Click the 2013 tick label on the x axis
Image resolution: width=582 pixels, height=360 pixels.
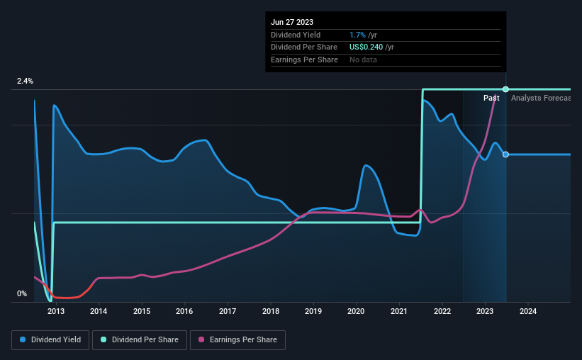click(x=56, y=311)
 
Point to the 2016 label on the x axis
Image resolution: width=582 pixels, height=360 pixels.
click(x=184, y=311)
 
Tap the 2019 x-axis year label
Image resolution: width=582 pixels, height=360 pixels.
click(x=313, y=311)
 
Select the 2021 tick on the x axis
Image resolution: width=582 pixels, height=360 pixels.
click(x=399, y=311)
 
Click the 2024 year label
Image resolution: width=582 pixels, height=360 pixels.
click(x=528, y=311)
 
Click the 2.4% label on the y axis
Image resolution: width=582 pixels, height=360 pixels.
click(x=26, y=81)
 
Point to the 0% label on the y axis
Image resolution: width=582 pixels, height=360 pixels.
click(x=22, y=293)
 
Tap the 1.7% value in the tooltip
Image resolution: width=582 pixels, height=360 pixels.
click(x=357, y=35)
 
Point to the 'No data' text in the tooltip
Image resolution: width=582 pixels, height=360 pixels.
click(x=364, y=60)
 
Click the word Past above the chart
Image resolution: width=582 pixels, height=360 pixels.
click(x=491, y=98)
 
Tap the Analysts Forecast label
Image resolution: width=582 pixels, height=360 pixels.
click(x=540, y=98)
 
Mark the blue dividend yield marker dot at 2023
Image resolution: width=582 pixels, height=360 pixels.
click(x=505, y=154)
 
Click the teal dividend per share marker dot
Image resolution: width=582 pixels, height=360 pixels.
click(x=505, y=89)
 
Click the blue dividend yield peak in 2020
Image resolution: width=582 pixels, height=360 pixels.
click(x=366, y=166)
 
